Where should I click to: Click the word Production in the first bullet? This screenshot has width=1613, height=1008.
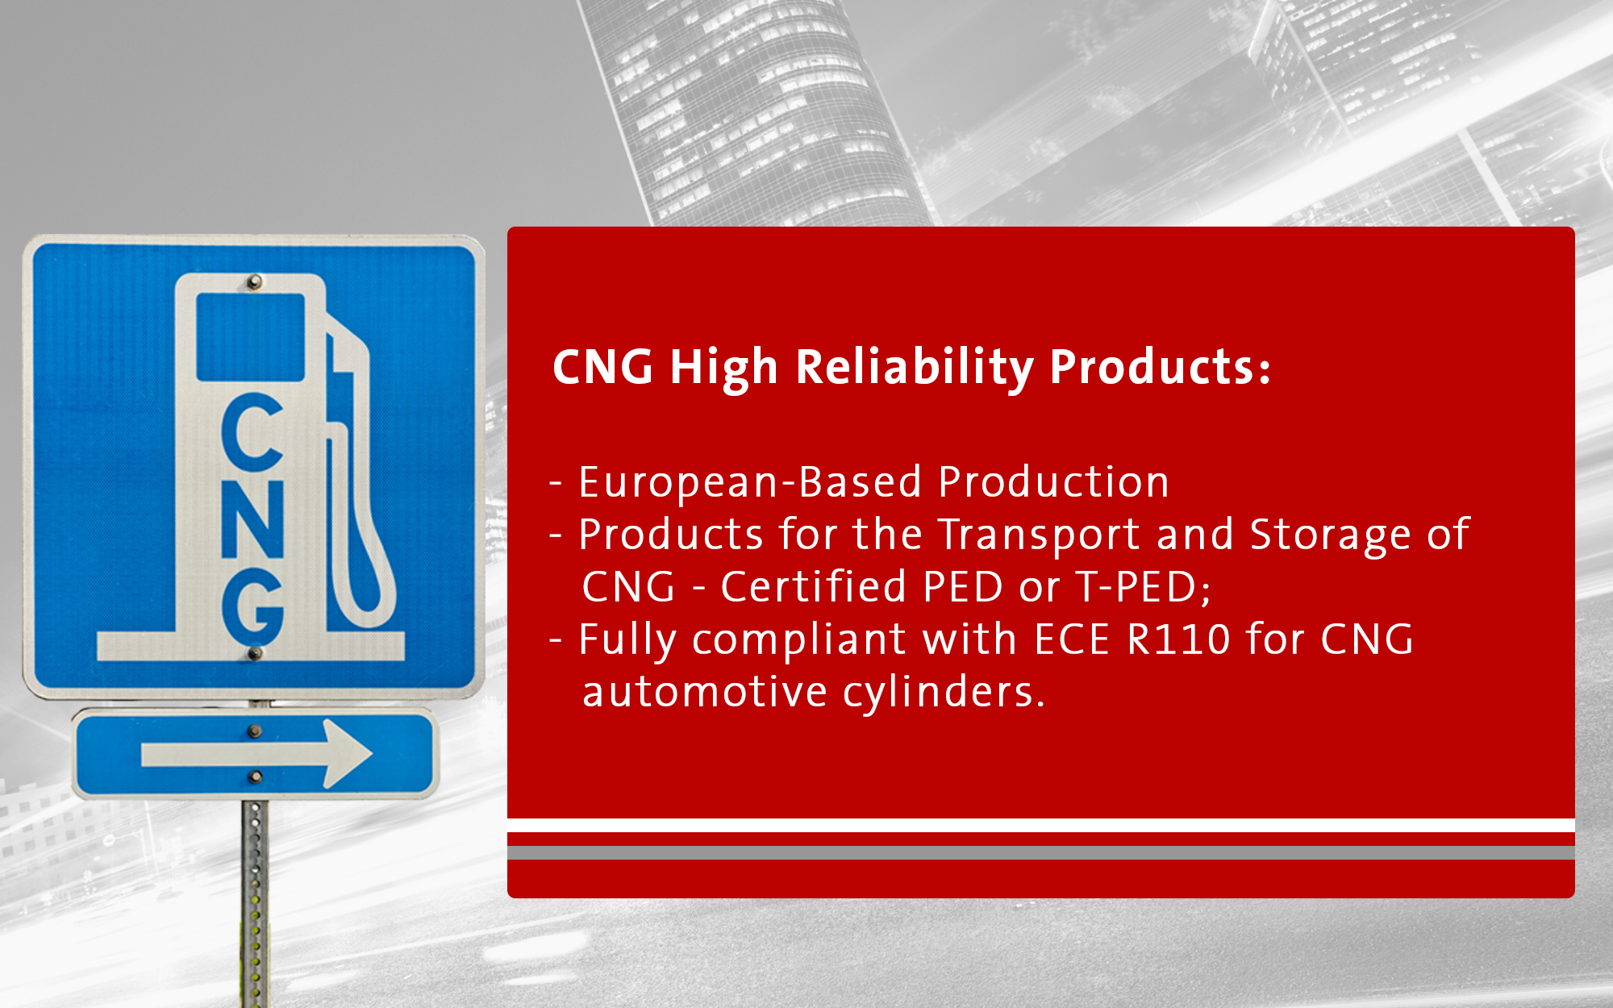(x=1054, y=482)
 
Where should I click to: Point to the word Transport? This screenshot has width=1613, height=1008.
(x=1040, y=535)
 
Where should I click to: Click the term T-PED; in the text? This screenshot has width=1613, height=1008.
(x=1144, y=587)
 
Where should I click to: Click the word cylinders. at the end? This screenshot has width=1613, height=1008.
(x=944, y=691)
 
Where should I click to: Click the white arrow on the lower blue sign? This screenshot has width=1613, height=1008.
(x=256, y=754)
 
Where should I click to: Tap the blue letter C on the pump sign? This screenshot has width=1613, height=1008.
(x=252, y=431)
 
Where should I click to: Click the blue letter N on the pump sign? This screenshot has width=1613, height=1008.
(x=252, y=519)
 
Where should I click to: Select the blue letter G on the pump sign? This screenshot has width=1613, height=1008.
(x=252, y=607)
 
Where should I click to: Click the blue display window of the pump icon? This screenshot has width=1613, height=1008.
(x=251, y=337)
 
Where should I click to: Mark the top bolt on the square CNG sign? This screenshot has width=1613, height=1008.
(x=254, y=281)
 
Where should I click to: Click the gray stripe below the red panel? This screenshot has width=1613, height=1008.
(x=1040, y=853)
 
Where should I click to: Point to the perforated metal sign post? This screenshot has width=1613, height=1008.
(x=255, y=903)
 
